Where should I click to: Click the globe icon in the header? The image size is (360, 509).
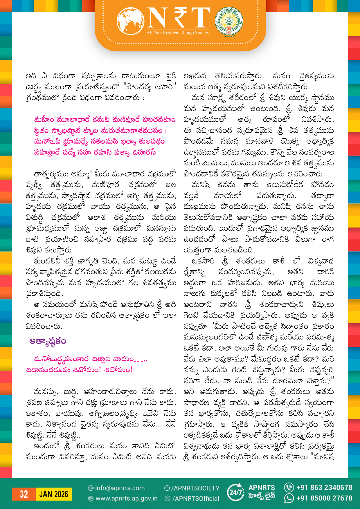click(x=131, y=21)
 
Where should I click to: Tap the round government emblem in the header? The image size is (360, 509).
click(x=229, y=21)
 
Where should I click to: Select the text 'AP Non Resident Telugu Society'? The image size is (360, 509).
click(x=178, y=33)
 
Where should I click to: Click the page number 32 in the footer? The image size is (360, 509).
click(x=24, y=494)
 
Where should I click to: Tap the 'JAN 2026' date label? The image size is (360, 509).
click(x=54, y=494)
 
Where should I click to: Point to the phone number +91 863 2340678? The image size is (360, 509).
click(x=324, y=488)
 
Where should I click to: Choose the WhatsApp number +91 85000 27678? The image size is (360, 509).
click(x=324, y=498)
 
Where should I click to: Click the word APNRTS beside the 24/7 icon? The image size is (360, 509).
click(x=262, y=488)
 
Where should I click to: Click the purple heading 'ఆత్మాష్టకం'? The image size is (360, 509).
click(x=48, y=341)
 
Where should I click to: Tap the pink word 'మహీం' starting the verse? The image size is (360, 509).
click(x=44, y=120)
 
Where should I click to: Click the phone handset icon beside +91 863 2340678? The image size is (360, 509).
click(x=289, y=487)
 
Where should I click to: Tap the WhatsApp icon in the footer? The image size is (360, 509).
click(x=289, y=498)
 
